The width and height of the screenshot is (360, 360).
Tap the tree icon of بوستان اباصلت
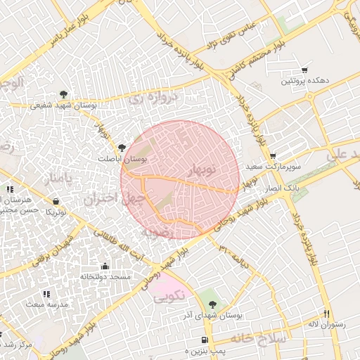(x=123, y=148)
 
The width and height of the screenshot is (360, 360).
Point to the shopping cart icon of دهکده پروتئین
(x=304, y=70)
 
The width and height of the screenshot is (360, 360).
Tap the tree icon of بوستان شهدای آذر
(x=212, y=304)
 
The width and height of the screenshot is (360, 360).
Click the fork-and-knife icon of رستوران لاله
(x=326, y=313)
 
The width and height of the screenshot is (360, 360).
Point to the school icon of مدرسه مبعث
(x=46, y=293)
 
